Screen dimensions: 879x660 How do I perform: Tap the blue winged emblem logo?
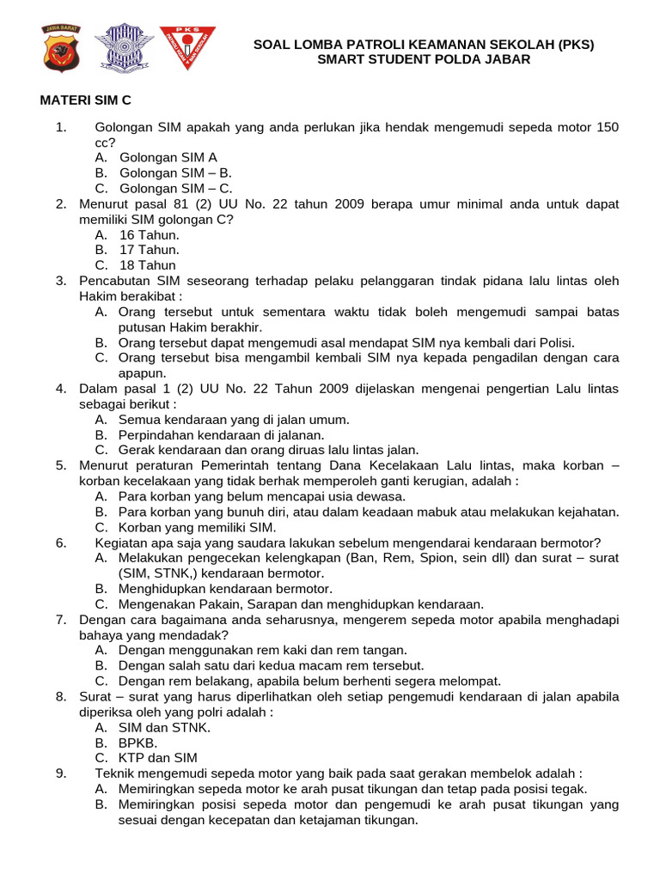123,48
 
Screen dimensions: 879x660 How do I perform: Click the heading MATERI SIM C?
86,100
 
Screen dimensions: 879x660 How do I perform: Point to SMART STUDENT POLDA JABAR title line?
424,59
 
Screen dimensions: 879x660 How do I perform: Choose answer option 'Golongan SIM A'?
168,157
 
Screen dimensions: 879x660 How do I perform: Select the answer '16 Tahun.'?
149,234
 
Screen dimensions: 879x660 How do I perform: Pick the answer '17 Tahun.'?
149,250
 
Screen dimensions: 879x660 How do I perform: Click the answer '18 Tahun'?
147,265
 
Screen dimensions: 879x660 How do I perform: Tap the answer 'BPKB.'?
138,743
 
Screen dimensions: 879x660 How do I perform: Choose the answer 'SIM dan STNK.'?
164,727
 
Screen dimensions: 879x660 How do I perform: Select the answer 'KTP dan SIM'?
157,758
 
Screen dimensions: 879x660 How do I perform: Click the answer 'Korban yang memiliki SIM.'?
197,527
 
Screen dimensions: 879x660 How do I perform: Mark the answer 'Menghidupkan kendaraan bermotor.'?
224,589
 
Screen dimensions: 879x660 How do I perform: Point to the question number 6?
61,543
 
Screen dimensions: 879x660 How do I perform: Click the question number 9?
61,773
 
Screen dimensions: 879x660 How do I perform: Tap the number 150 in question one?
607,127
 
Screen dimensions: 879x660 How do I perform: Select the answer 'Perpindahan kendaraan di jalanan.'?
221,434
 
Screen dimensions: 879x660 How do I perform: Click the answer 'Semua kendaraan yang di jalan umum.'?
234,419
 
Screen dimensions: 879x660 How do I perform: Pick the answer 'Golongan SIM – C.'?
175,188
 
